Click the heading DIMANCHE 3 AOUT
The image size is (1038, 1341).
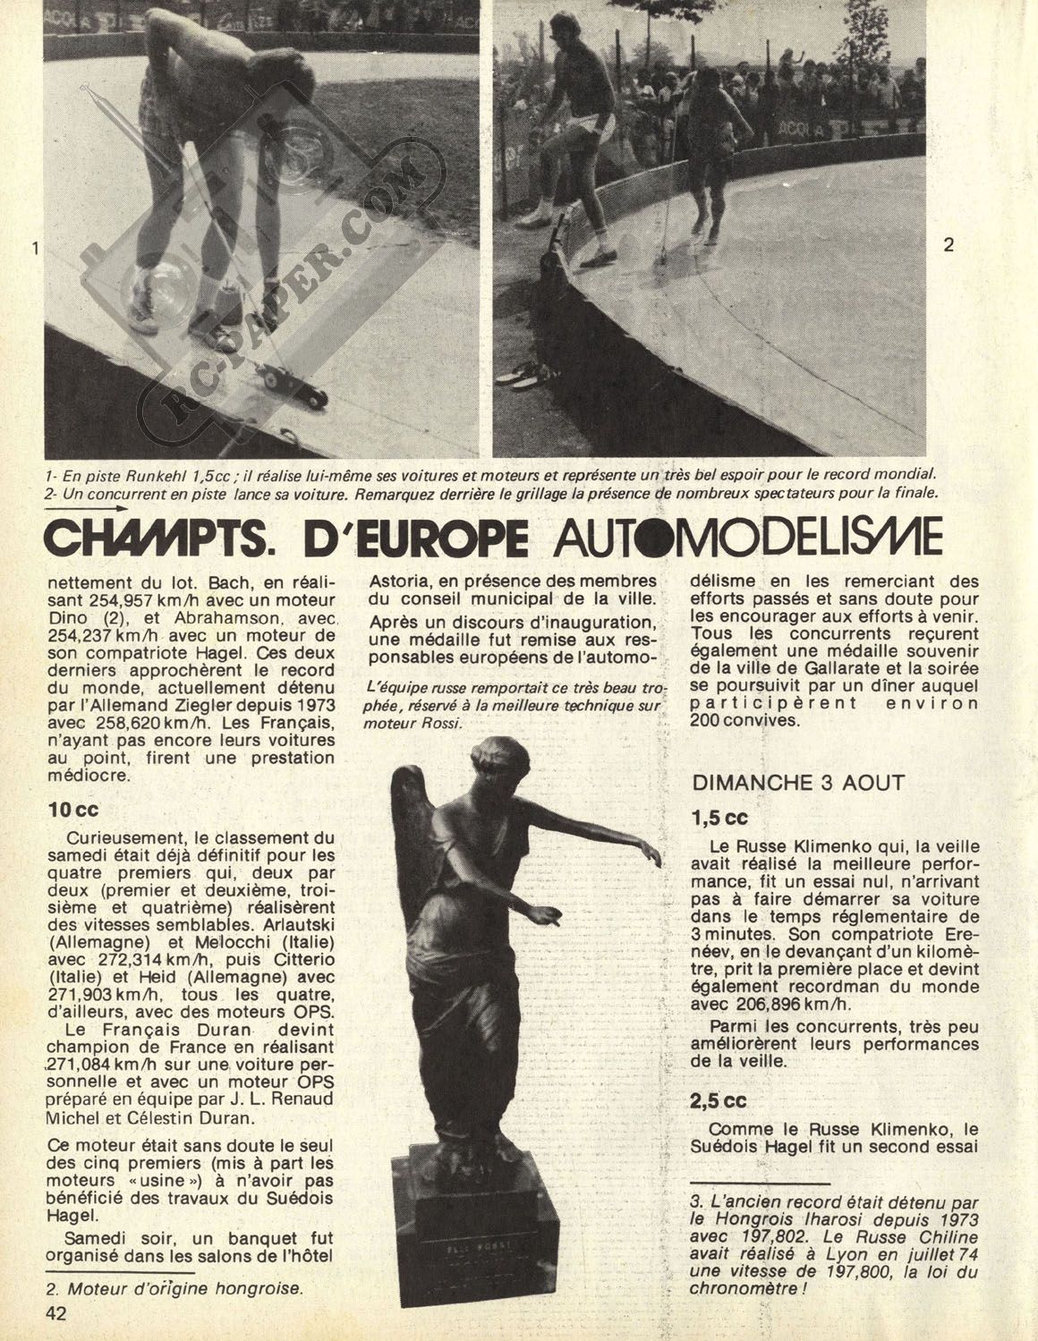(x=798, y=782)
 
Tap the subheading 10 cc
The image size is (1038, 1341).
(x=73, y=809)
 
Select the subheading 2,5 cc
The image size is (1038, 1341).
(x=719, y=1101)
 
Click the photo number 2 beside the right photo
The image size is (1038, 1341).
(x=949, y=243)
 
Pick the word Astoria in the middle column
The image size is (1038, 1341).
(x=400, y=579)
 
